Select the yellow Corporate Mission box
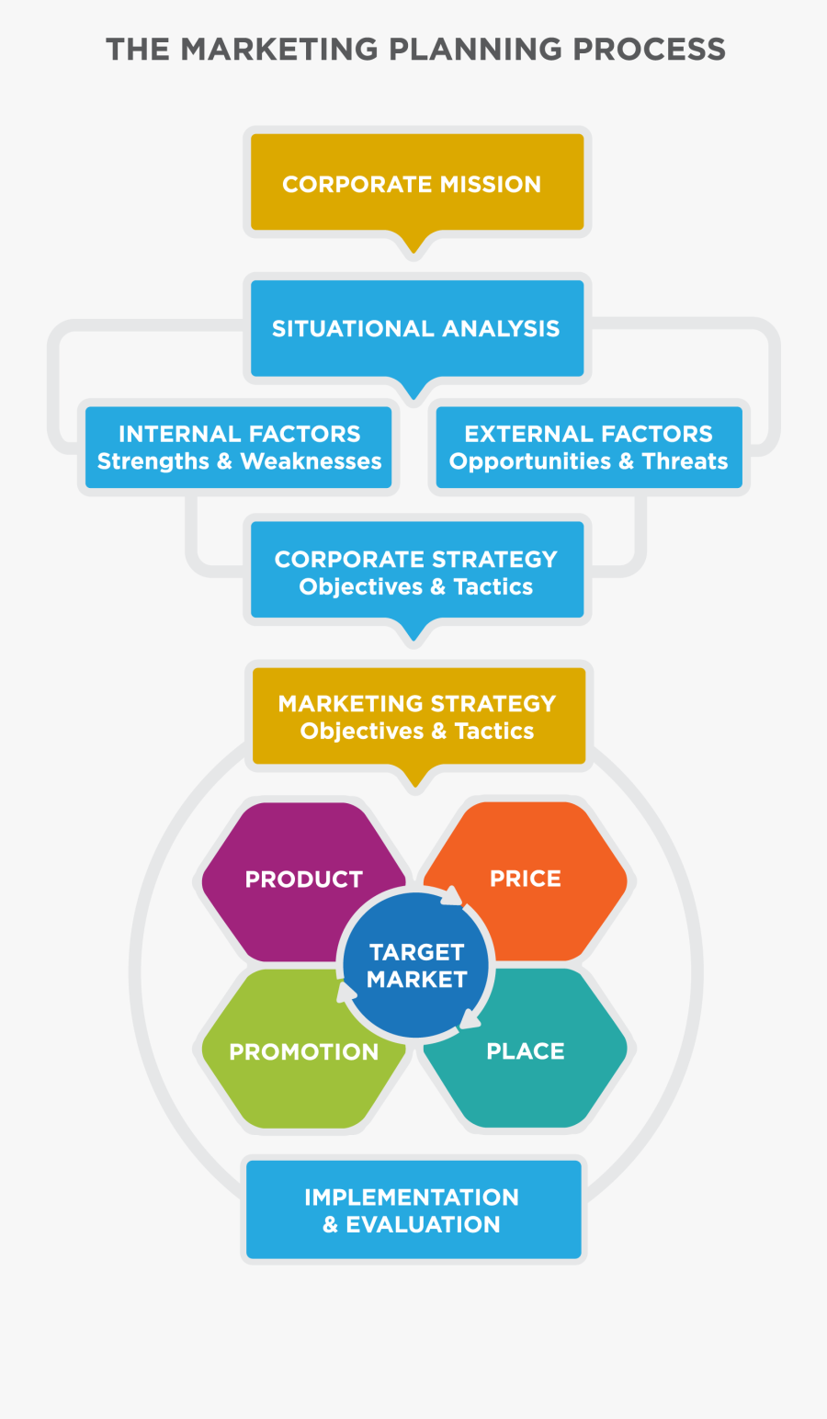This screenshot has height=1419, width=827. (x=417, y=183)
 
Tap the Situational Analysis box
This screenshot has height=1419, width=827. (x=417, y=328)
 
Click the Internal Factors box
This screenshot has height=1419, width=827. (x=239, y=448)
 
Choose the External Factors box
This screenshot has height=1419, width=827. (x=589, y=448)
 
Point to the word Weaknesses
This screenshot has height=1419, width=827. (x=311, y=461)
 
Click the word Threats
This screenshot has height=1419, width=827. (x=685, y=461)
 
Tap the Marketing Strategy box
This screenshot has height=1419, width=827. (x=419, y=716)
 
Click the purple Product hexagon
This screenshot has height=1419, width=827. (x=298, y=881)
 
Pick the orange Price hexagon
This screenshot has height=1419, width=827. (x=532, y=880)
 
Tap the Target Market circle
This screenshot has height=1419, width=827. (x=416, y=965)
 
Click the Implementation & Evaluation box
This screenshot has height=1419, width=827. (x=413, y=1209)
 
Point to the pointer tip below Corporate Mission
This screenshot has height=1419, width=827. (x=413, y=253)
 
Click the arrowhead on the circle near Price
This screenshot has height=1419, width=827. (x=452, y=896)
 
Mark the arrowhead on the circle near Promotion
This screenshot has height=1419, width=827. (x=346, y=992)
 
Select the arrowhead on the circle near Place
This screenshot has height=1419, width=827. (x=470, y=1018)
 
